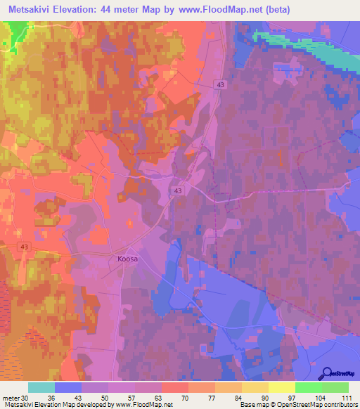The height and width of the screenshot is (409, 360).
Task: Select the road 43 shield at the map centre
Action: pyautogui.click(x=179, y=190)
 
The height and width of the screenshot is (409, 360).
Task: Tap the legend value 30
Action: pyautogui.click(x=27, y=398)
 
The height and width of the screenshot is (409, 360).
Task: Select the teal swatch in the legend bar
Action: pyautogui.click(x=41, y=387)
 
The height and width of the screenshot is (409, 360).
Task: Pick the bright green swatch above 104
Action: pyautogui.click(x=309, y=387)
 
